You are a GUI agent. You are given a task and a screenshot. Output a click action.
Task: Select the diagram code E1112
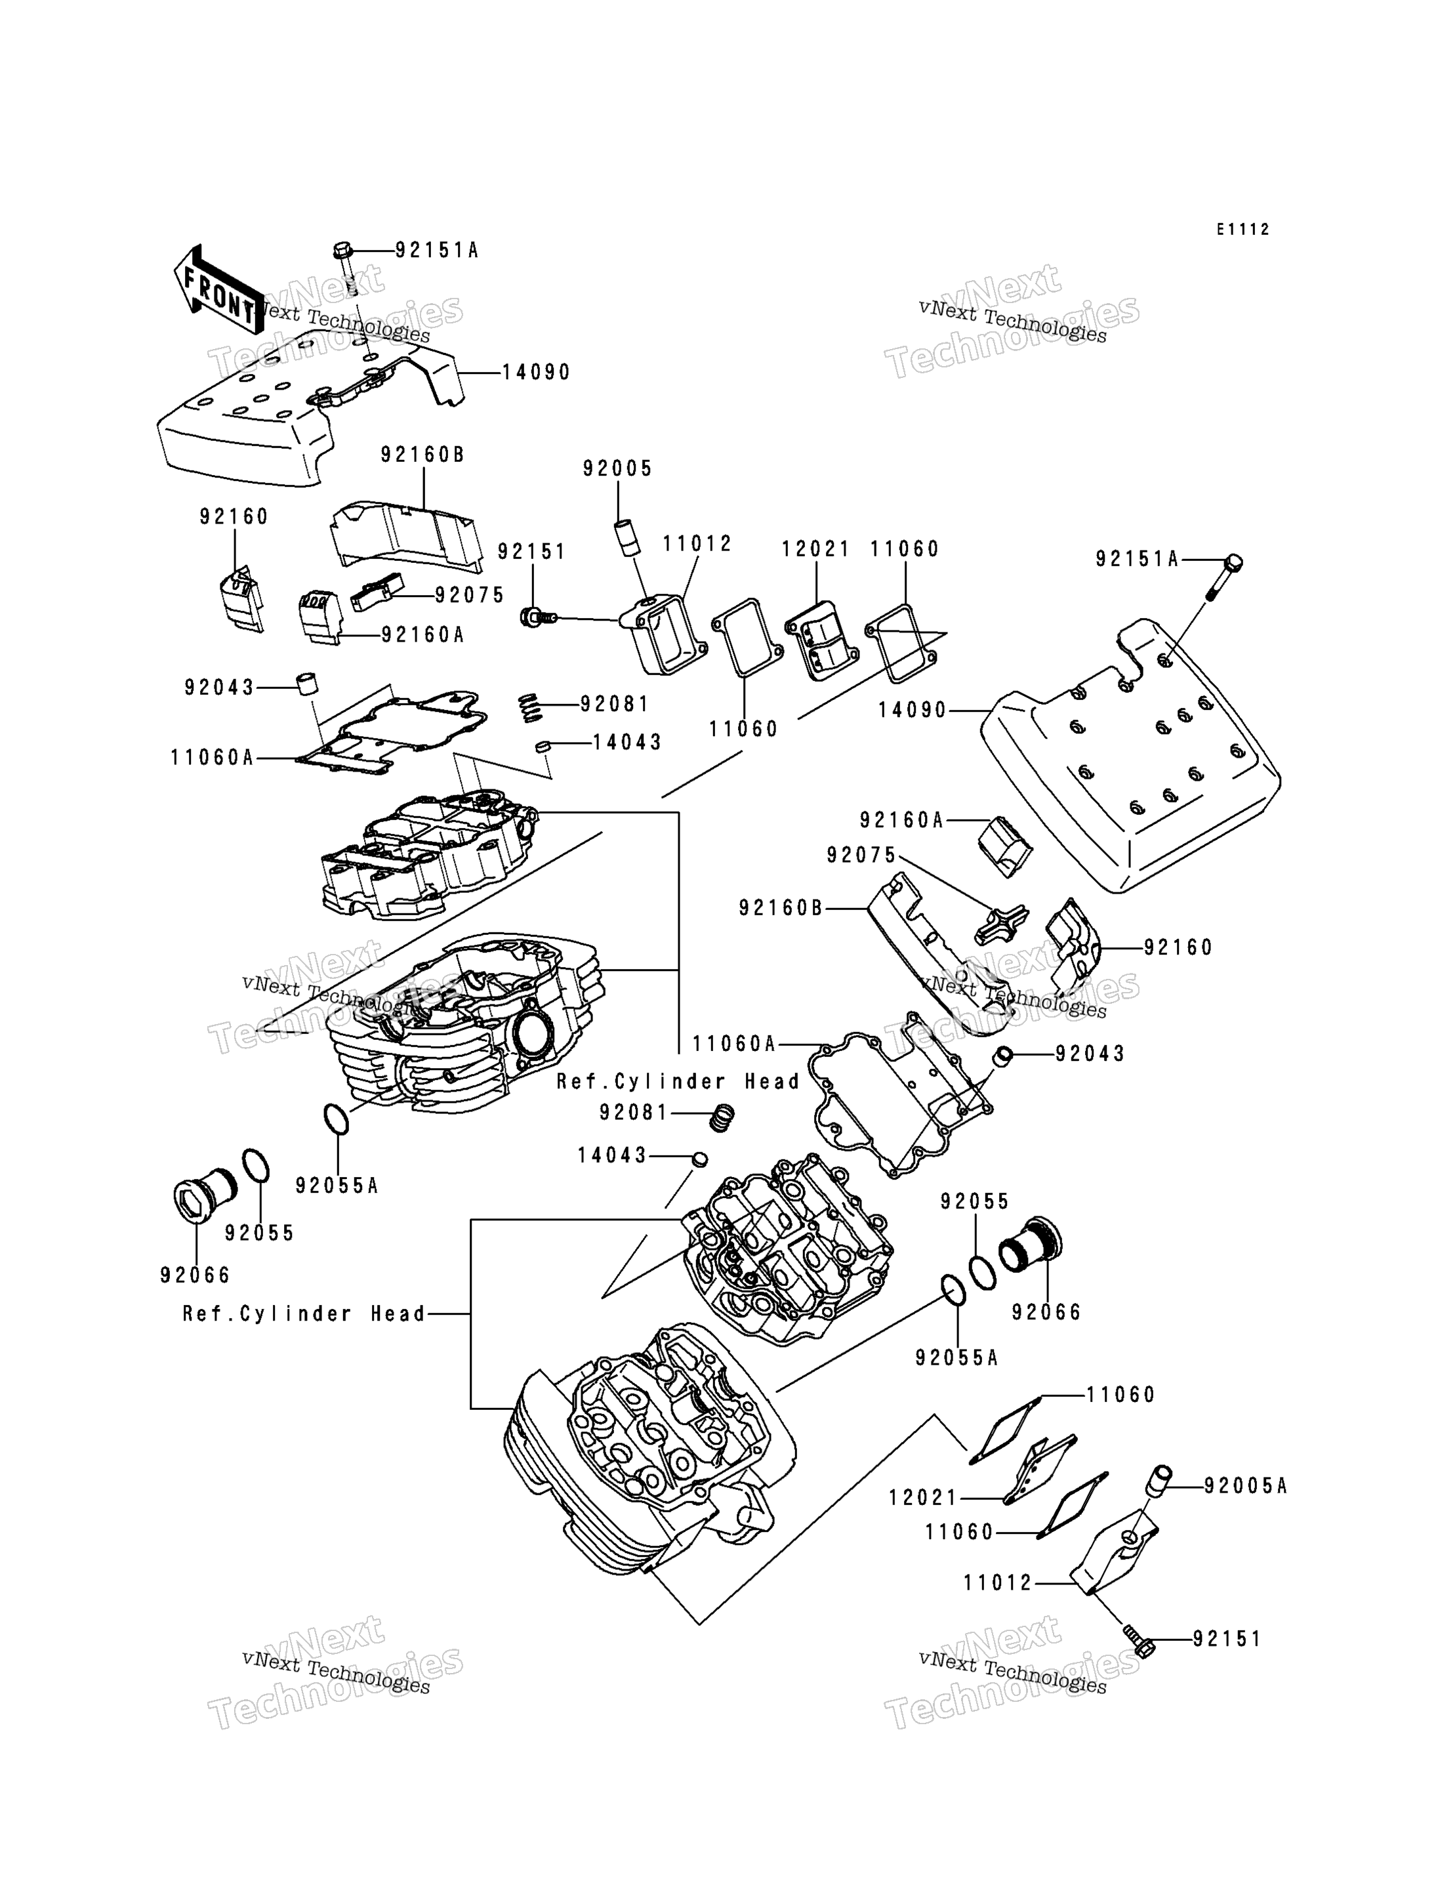[1244, 230]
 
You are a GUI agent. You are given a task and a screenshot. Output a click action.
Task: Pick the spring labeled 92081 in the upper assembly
[531, 708]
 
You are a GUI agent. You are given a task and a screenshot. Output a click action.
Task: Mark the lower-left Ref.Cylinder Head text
[304, 1313]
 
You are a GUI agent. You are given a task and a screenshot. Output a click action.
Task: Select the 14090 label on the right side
[913, 710]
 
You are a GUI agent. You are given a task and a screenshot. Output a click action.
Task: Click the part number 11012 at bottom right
[998, 1583]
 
